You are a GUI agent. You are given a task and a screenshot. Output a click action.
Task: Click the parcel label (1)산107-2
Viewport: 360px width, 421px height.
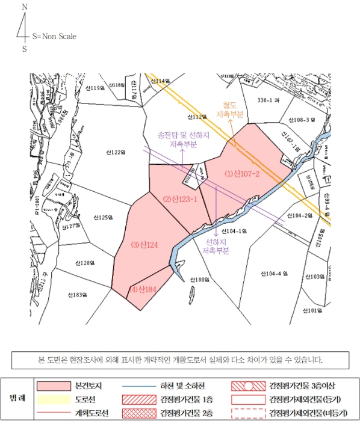click(242, 174)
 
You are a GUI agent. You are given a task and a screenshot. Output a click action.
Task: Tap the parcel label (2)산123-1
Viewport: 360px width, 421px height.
click(181, 199)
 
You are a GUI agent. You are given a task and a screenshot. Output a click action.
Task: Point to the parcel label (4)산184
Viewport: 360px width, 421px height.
click(143, 290)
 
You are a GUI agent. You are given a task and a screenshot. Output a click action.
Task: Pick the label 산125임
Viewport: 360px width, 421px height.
click(103, 217)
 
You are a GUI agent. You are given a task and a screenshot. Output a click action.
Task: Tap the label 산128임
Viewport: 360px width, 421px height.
click(87, 263)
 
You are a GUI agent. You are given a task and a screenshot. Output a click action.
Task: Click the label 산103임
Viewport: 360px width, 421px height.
click(315, 277)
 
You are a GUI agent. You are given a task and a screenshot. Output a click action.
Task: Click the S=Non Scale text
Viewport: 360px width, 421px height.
click(55, 36)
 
